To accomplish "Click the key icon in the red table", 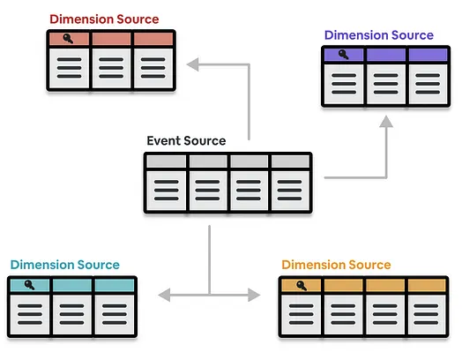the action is pos(68,39).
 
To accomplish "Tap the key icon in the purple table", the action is pos(344,55).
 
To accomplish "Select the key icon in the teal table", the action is pos(29,285).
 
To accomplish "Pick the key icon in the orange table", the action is pos(302,285).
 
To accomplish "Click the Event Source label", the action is pos(186,140).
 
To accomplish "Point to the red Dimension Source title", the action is pos(104,19).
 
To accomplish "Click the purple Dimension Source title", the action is pos(379,35).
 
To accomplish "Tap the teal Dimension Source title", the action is pos(65,265).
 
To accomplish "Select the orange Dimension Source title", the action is pos(336,265).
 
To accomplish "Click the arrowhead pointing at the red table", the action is pos(193,64).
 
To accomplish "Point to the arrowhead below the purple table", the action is pos(386,122).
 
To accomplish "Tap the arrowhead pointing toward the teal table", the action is pos(164,295).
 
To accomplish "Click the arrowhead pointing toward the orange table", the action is pos(254,295).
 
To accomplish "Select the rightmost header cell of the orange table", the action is pos(428,285).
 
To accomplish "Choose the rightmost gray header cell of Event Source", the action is pos(290,161).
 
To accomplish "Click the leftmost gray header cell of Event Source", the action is pos(167,161).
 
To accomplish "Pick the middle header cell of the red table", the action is pos(111,39).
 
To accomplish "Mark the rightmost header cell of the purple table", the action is pos(428,55).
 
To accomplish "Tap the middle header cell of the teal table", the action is pos(72,285).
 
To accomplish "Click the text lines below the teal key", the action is pos(30,314).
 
